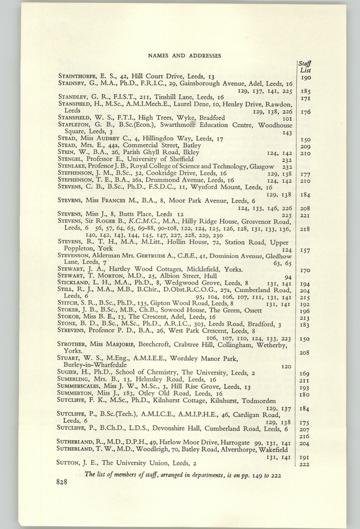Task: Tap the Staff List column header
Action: click(305, 67)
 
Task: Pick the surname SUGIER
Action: click(69, 373)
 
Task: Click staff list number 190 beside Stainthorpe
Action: click(305, 77)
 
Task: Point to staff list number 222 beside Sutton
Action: click(305, 464)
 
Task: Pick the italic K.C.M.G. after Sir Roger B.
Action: click(134, 222)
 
